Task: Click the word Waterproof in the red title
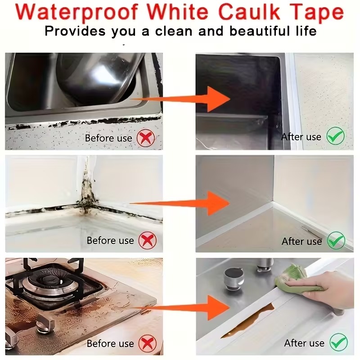click(76, 12)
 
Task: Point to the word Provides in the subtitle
click(75, 31)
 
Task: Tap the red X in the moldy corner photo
click(148, 240)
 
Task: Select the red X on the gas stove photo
click(148, 343)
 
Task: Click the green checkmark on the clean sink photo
click(335, 136)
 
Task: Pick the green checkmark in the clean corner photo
click(336, 240)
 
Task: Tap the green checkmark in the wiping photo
click(339, 342)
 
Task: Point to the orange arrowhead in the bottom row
click(218, 308)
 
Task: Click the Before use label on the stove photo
click(110, 343)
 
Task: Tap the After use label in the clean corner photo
click(301, 241)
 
